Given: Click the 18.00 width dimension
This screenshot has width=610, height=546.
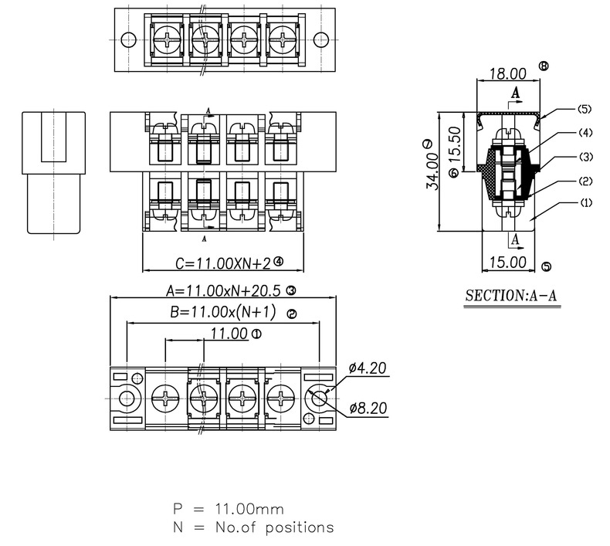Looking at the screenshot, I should tap(507, 74).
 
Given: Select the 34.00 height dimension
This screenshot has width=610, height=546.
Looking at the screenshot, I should tap(433, 171).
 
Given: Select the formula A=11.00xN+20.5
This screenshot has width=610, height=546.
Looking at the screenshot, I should tap(225, 291).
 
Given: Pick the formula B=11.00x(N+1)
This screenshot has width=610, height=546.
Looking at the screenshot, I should tap(222, 313).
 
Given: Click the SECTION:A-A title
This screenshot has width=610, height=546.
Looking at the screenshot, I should tap(513, 297).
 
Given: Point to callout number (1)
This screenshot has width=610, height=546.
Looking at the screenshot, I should tap(585, 203).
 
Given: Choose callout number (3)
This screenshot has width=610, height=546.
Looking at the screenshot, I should tap(585, 157).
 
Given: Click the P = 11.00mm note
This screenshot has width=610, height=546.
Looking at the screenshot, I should tap(228, 509).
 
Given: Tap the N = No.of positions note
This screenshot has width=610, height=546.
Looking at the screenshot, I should tap(252, 527).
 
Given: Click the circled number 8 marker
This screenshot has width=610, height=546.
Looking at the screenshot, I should tap(544, 66).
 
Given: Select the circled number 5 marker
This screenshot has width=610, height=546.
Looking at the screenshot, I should tap(547, 267).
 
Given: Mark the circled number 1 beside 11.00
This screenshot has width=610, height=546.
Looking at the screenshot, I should tap(256, 334).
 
